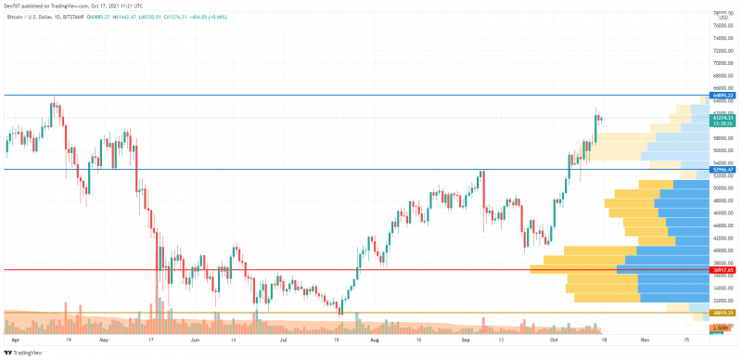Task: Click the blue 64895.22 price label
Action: [723, 96]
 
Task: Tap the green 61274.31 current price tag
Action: [723, 119]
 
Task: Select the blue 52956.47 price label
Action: [723, 170]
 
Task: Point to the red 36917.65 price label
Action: [723, 270]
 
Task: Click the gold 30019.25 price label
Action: [723, 314]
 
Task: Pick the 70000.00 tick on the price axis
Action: [723, 63]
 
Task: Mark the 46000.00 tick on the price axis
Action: [723, 213]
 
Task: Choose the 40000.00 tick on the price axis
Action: [723, 251]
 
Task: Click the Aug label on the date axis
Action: [374, 341]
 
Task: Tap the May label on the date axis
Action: [104, 341]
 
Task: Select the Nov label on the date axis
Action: [646, 341]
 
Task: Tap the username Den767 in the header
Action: [12, 5]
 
